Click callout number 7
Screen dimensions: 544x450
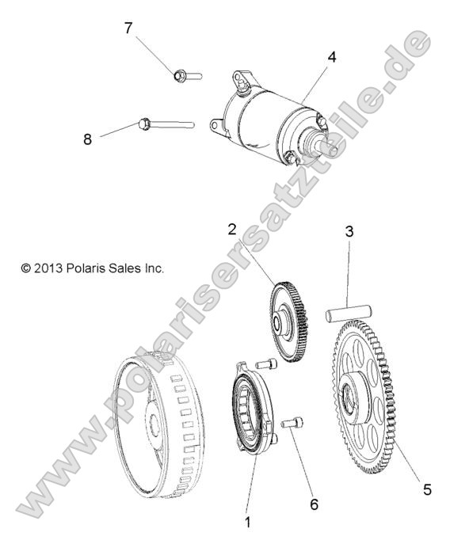128,29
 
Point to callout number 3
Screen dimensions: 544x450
348,233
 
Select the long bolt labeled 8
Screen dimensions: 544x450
166,124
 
